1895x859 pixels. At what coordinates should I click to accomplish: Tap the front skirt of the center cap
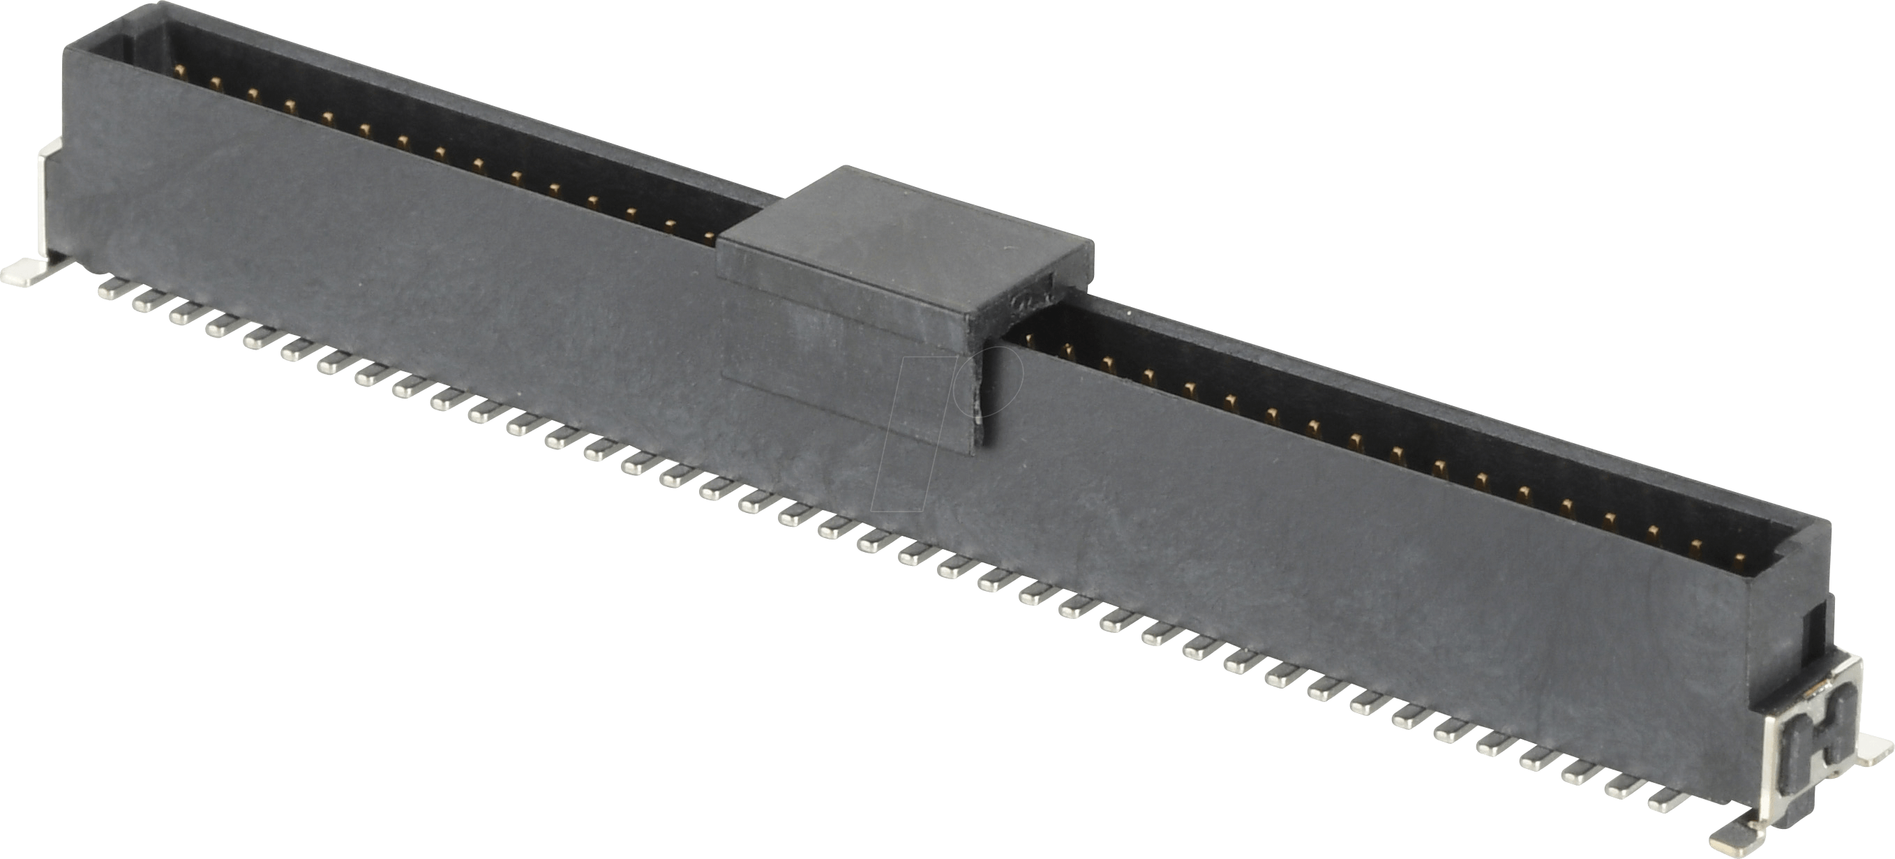[846, 345]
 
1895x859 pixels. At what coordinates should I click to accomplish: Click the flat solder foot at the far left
[26, 273]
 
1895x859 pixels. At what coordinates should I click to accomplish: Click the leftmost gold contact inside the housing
[179, 70]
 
